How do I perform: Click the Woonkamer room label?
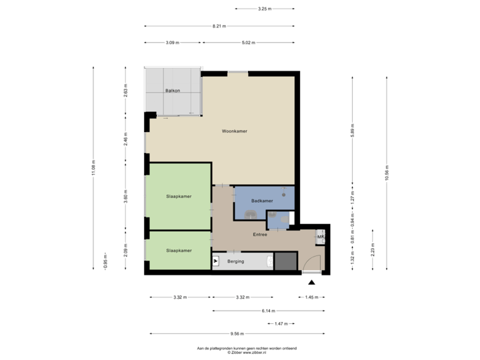click(x=235, y=131)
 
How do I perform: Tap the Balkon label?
click(x=173, y=91)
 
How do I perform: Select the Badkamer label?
click(x=262, y=201)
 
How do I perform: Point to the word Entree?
click(x=260, y=235)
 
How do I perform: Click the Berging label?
click(x=235, y=261)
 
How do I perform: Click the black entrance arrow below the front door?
click(x=311, y=281)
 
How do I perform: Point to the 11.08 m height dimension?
click(x=94, y=168)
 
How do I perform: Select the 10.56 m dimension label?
click(x=387, y=172)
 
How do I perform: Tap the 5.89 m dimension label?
click(x=352, y=130)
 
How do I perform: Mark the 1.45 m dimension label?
click(x=311, y=297)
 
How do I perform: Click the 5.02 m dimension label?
click(x=249, y=43)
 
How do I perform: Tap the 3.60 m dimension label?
click(x=125, y=197)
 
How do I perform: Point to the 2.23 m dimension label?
click(x=373, y=250)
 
